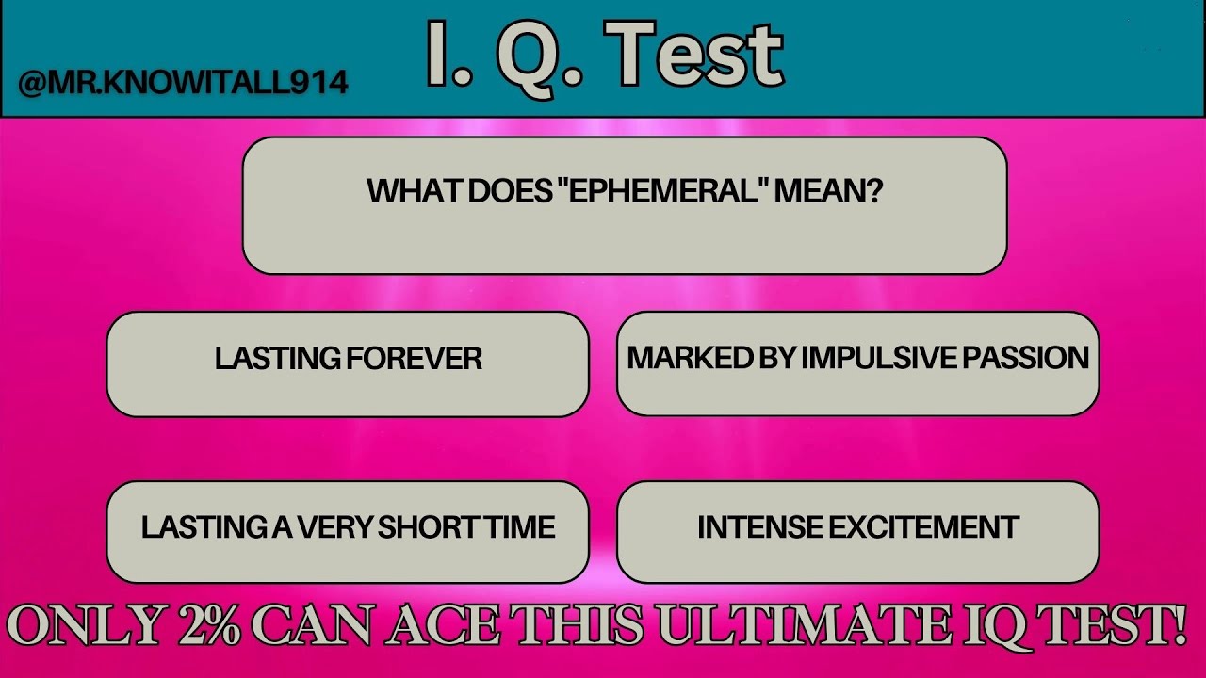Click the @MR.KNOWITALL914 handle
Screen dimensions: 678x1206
tap(183, 82)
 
